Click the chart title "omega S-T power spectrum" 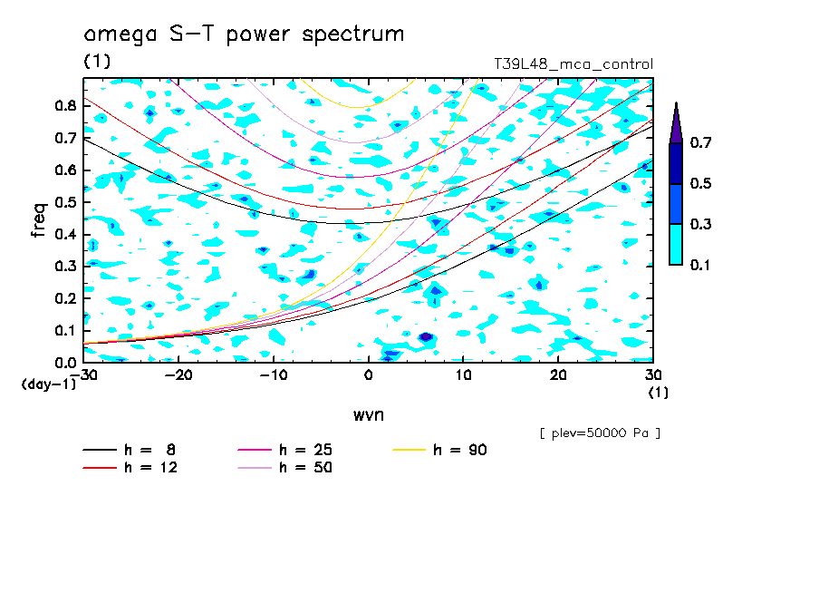[244, 34]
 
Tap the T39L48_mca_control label [573, 64]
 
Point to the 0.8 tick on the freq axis [66, 105]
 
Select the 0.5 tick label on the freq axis [66, 202]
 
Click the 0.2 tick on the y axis [66, 298]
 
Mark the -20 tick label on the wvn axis [178, 375]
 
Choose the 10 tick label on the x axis [463, 375]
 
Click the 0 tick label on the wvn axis [368, 375]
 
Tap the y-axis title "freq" [39, 220]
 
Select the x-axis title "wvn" [369, 415]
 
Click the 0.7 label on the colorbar [700, 142]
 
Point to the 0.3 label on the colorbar [700, 224]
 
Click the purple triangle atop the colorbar [676, 123]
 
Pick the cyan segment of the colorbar [676, 245]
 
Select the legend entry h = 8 [129, 450]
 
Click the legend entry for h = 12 [130, 468]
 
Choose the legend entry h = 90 [439, 450]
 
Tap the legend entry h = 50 [285, 468]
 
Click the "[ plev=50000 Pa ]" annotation [600, 433]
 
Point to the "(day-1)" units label [49, 384]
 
